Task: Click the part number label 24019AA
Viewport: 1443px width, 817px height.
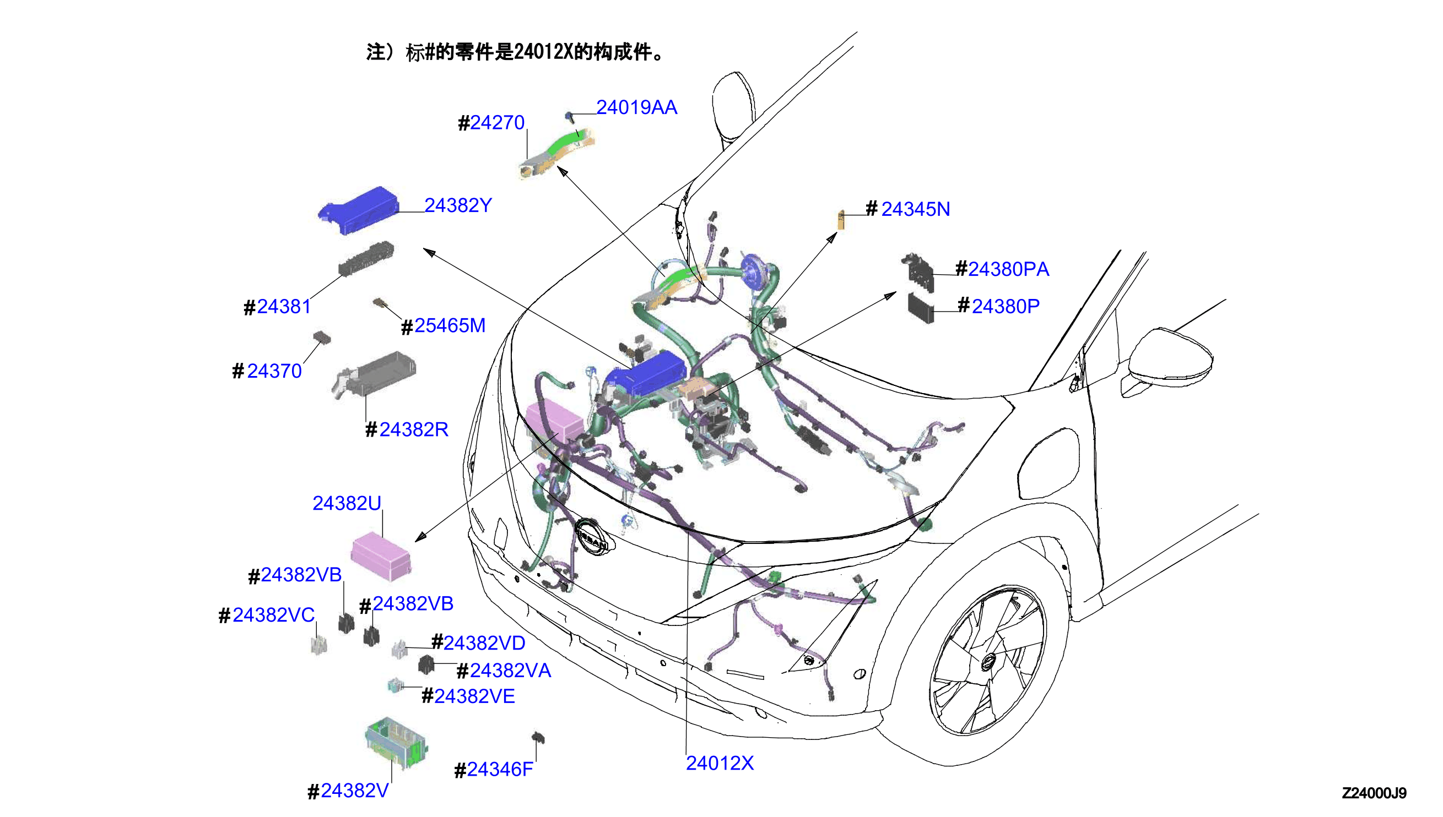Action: (x=636, y=107)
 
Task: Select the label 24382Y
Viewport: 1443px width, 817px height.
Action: (x=458, y=205)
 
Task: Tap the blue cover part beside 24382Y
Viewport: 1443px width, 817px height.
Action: (x=359, y=210)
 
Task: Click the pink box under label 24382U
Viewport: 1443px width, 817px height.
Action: (x=381, y=556)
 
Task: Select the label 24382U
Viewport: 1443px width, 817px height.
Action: (x=347, y=503)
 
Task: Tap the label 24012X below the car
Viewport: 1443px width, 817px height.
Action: (x=720, y=763)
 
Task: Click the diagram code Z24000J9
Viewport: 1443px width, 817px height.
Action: (x=1374, y=793)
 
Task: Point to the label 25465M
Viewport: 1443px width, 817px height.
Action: (x=443, y=325)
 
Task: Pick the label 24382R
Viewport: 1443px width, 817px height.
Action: (x=407, y=429)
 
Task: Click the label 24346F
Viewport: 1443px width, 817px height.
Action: (x=494, y=769)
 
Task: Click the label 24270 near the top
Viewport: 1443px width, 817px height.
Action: (x=491, y=122)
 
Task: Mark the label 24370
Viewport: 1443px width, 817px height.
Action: (x=267, y=371)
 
